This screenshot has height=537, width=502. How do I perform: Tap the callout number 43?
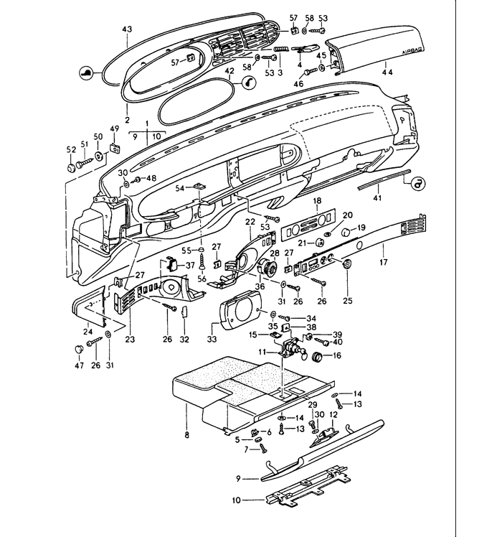pos(127,29)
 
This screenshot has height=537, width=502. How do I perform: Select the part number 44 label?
pos(387,73)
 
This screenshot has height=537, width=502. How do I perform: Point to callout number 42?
pos(229,72)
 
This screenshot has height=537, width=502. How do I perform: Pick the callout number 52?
pos(70,149)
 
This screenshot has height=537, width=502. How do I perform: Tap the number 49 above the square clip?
pos(113,129)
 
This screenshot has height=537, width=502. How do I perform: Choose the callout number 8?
pos(187,436)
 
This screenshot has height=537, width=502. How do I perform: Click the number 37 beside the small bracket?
pos(190,264)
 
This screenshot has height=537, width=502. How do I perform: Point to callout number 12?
pos(333,415)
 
